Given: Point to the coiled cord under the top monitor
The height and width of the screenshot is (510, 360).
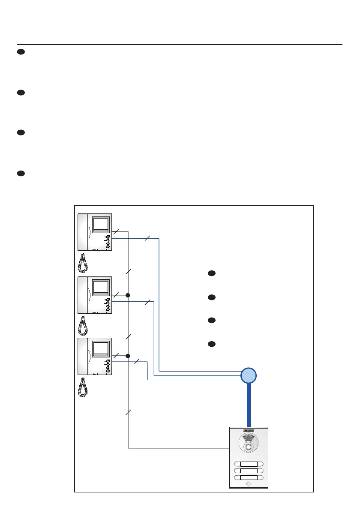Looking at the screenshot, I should point(83,262).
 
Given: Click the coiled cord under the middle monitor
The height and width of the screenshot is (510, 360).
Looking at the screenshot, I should point(83,324).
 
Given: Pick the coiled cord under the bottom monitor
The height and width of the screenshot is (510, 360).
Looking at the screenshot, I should point(83,386).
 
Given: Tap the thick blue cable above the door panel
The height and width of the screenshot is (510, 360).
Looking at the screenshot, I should point(249,405).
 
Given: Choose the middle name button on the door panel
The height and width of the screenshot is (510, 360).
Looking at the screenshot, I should point(249,471).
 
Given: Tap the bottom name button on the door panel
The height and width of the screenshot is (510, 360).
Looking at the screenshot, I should point(249,477).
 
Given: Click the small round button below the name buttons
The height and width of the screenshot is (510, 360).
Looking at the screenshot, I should point(249,485).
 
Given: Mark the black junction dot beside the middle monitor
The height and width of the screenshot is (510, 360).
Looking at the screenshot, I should point(128,295).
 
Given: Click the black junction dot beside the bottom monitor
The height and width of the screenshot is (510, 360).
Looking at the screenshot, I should point(128,356).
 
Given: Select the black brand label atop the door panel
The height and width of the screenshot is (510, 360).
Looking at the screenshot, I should point(249,430).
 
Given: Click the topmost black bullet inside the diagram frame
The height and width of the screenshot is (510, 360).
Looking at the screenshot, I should point(211,273).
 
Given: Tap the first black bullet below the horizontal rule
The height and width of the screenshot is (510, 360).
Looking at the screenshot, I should point(20,52).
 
